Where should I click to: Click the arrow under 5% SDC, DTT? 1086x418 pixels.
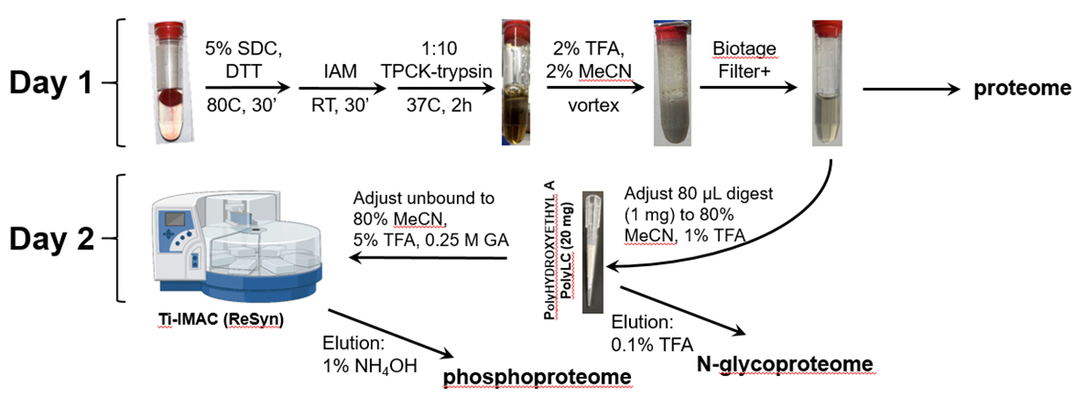247,88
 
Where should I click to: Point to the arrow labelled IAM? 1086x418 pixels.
338,88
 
